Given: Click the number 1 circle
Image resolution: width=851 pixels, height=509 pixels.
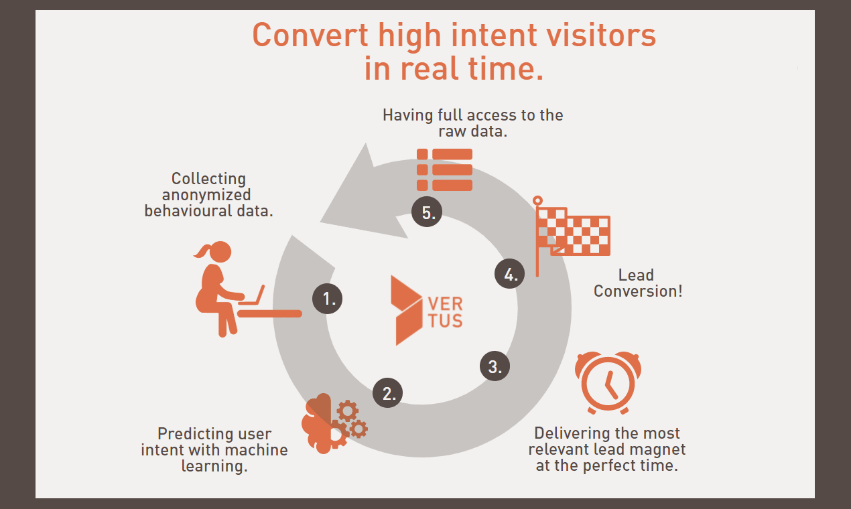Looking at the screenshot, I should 328,299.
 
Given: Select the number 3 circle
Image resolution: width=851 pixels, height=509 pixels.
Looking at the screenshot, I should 495,366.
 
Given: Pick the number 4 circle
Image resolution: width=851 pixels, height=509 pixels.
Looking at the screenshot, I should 510,274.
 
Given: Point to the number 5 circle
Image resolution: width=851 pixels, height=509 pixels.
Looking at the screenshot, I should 427,213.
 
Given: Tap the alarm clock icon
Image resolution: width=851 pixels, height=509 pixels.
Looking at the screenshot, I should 608,382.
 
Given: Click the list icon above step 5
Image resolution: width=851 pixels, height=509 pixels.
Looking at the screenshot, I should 444,169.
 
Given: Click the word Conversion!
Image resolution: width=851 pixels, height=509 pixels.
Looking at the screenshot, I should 637,291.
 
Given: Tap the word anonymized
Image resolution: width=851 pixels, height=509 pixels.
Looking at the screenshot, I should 206,195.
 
